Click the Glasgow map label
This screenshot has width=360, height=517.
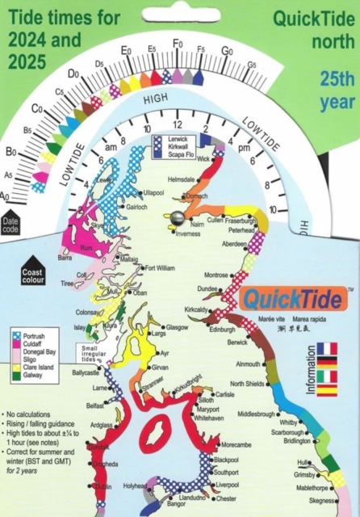(178, 327)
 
